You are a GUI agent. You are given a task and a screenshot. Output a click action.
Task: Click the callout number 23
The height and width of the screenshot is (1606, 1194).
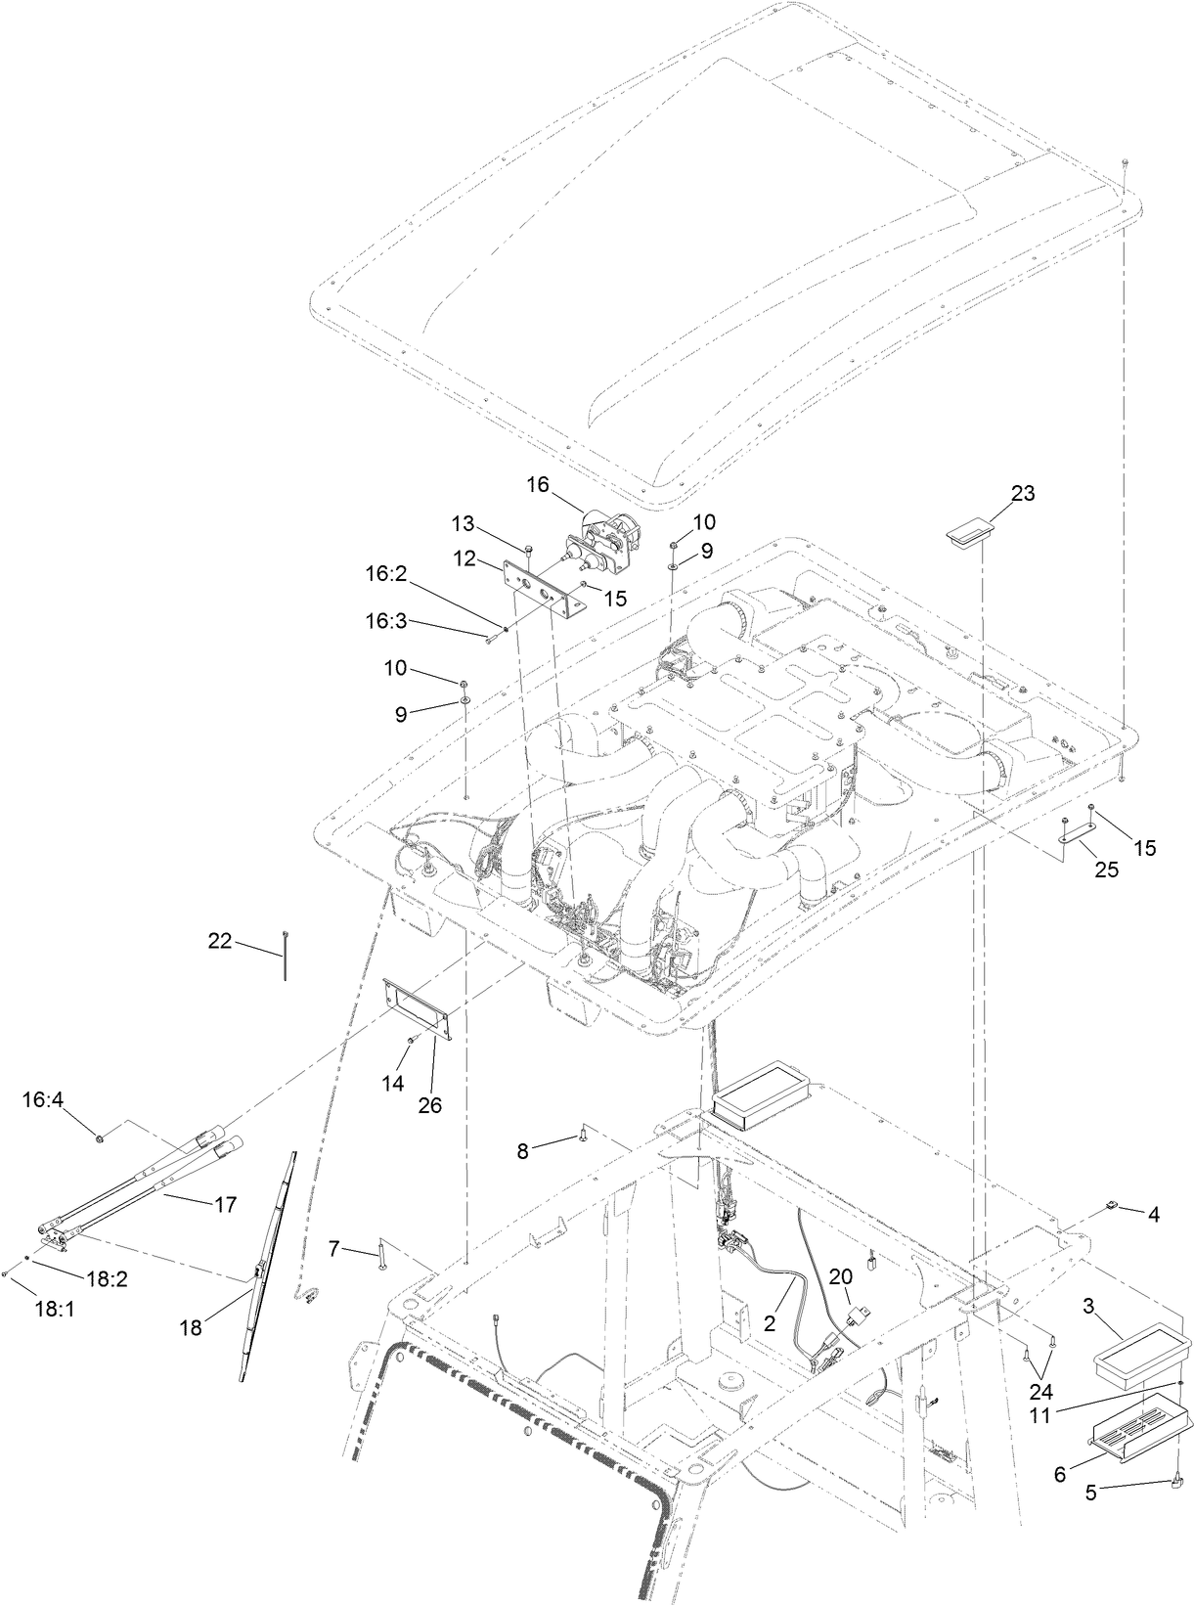(1022, 493)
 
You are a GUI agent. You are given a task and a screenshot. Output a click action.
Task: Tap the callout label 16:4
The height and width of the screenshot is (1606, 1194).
(43, 1100)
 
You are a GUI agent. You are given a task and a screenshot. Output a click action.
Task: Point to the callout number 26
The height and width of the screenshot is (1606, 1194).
(429, 1105)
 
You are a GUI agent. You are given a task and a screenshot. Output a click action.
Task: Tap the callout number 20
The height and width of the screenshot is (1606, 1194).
(841, 1276)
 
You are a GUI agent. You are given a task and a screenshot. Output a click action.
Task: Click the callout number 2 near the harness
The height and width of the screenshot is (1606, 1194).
(770, 1323)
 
